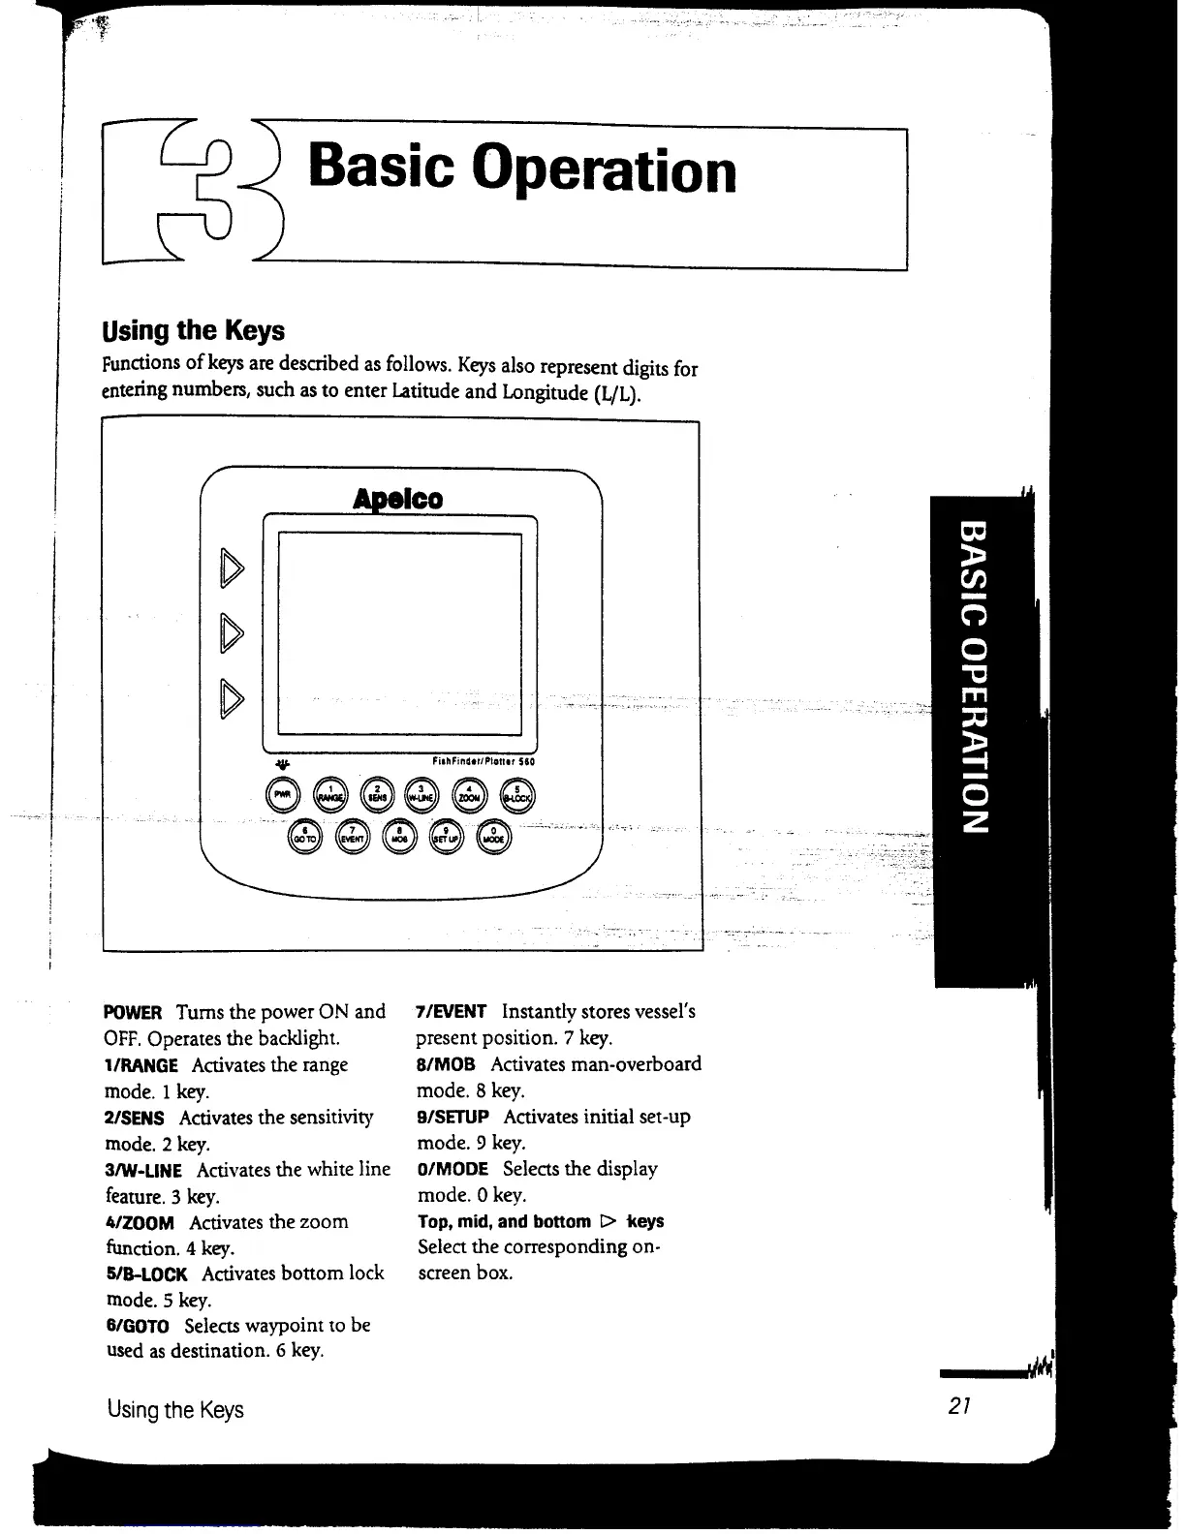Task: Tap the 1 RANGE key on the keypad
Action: pos(330,794)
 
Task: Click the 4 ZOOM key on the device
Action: pos(470,794)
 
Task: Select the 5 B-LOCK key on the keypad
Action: pos(516,794)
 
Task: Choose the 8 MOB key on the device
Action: pos(399,837)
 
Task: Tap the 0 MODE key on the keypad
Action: pos(493,837)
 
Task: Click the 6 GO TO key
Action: pos(305,837)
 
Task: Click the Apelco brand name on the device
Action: pos(398,499)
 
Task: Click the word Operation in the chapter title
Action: pos(627,171)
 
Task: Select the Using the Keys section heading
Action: pos(194,331)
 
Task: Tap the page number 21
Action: pos(960,1406)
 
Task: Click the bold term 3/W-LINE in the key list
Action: pos(142,1171)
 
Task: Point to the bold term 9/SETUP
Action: pos(453,1118)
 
